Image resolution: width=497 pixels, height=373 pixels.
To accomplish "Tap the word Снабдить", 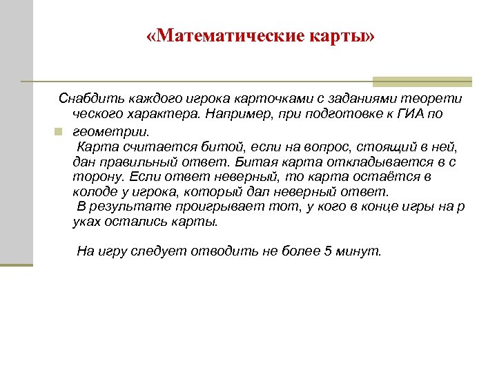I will pyautogui.click(x=88, y=99).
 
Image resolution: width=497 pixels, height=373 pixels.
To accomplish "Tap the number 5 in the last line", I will pyautogui.click(x=328, y=252).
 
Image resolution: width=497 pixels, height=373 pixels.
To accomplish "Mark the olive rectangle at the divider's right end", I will pyautogui.click(x=422, y=82).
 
